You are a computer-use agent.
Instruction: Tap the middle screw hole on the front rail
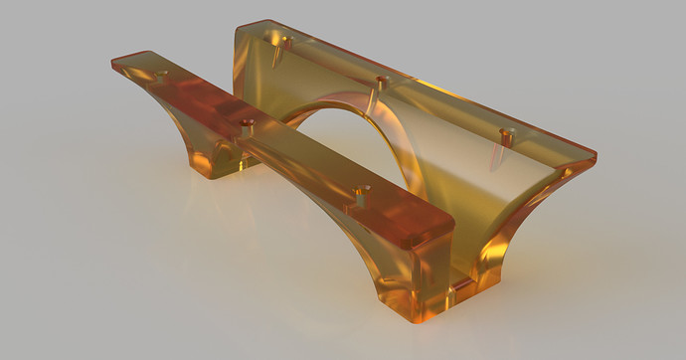tap(249, 124)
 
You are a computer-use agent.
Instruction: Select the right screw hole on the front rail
tap(364, 188)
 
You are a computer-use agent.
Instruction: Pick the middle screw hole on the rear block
tap(383, 79)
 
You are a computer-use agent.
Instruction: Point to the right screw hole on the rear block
tap(506, 132)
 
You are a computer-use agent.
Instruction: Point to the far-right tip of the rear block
tap(595, 156)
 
